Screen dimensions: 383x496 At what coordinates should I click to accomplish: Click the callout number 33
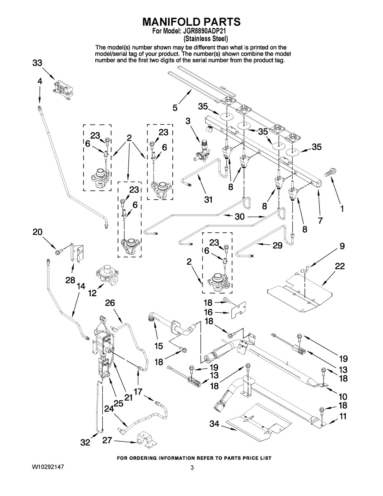tap(37, 63)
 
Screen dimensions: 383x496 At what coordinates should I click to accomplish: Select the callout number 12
tap(92, 293)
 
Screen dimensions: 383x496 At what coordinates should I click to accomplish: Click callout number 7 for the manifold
tap(320, 220)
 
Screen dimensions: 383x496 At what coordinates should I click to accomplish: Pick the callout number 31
tap(208, 199)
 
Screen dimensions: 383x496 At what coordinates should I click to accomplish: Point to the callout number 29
tap(277, 245)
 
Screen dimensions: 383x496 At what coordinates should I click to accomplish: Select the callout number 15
tap(159, 346)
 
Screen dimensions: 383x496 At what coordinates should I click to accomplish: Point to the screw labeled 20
tap(58, 252)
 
